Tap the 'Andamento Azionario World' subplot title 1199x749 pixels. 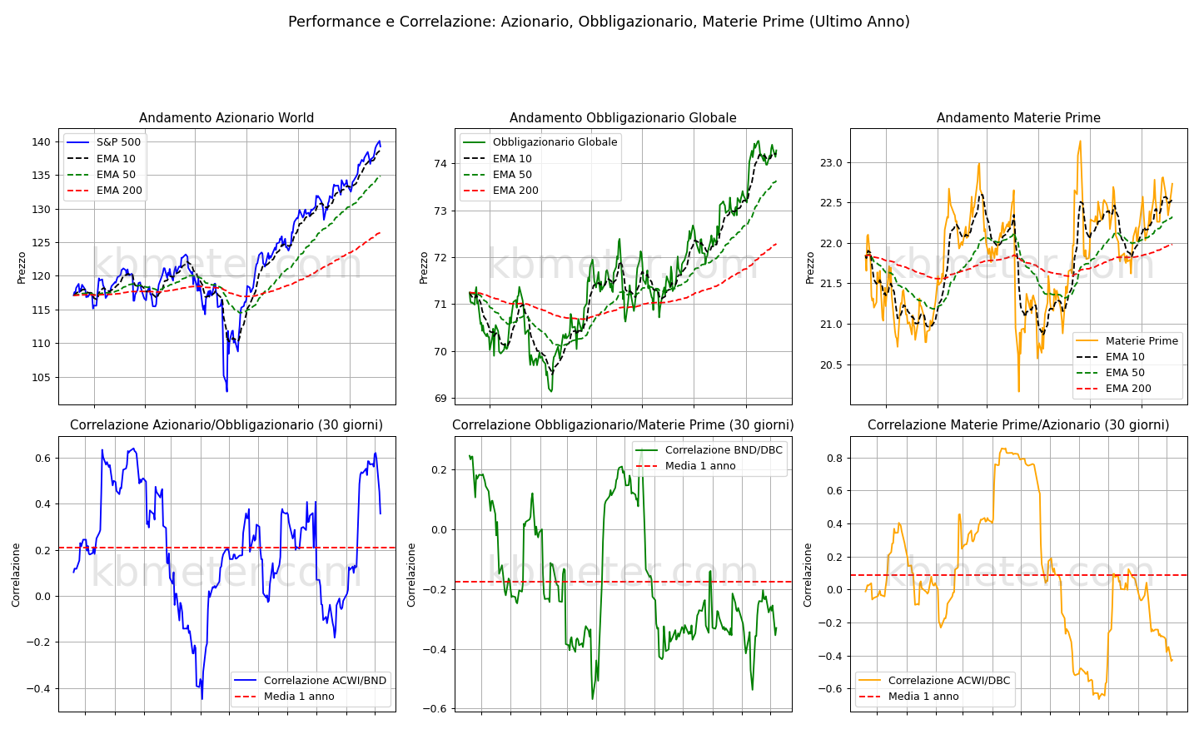[226, 117]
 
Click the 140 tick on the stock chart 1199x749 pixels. [42, 142]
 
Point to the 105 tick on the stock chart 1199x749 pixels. [42, 378]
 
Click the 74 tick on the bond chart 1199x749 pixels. [440, 164]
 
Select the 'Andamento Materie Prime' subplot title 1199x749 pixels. [1018, 117]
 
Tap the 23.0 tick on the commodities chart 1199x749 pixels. [831, 162]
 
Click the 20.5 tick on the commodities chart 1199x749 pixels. [831, 365]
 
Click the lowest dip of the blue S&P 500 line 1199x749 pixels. [227, 392]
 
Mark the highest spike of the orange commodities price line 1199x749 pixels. [1080, 141]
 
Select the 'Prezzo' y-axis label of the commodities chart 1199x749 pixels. [810, 268]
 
